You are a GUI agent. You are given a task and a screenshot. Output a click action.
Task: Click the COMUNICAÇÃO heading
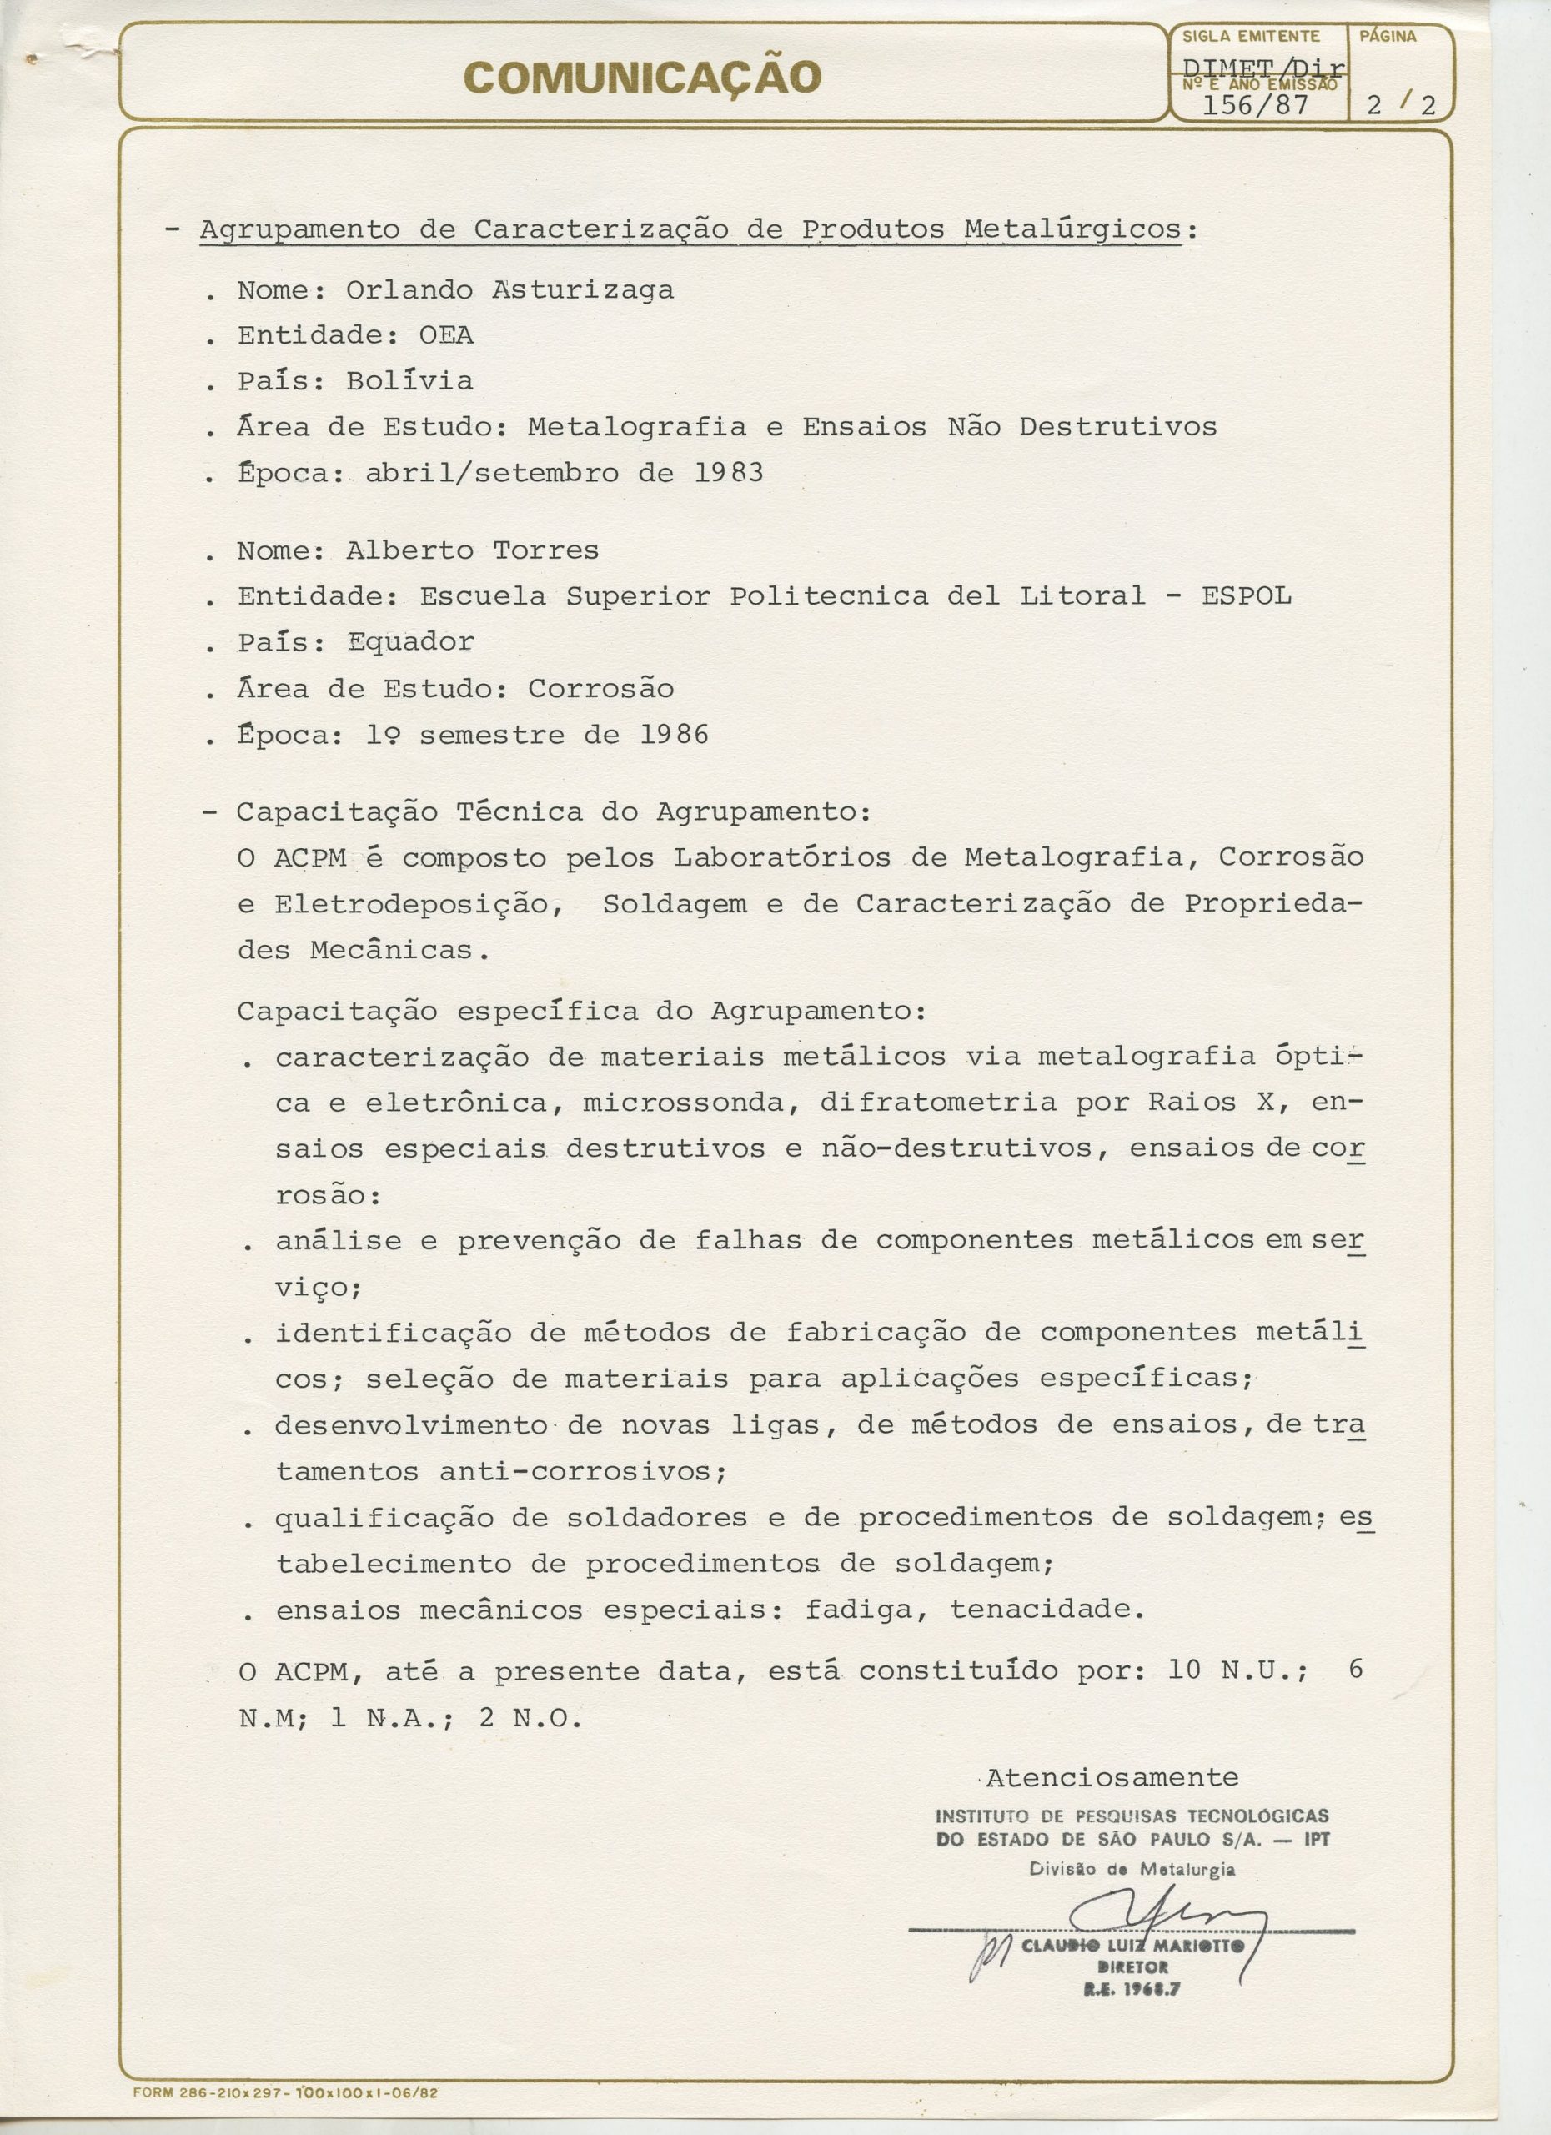(x=644, y=78)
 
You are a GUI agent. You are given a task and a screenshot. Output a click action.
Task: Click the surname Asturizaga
(x=583, y=290)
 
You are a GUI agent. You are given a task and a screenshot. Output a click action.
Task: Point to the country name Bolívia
(x=409, y=381)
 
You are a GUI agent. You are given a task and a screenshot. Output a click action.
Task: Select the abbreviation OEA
(x=446, y=336)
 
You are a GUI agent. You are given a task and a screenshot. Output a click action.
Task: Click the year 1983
(x=729, y=473)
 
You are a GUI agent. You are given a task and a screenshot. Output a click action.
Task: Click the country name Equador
(x=410, y=642)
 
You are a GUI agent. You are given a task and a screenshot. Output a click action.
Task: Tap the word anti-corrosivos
(x=583, y=1471)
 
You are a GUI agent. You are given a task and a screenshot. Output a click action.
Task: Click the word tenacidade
(x=1047, y=1610)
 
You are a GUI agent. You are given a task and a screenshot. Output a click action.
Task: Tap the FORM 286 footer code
(x=288, y=2112)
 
